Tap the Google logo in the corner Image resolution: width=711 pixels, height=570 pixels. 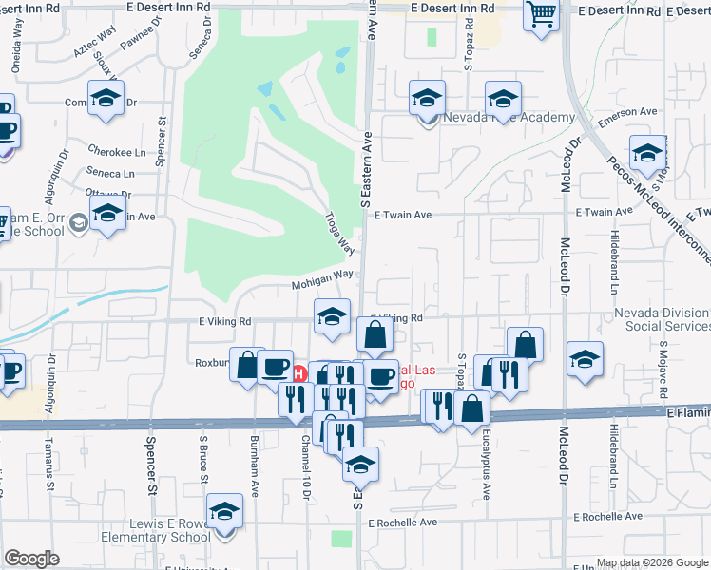pos(32,559)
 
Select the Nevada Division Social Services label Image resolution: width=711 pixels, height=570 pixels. pos(663,319)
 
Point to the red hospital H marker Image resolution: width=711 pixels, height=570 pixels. pos(298,373)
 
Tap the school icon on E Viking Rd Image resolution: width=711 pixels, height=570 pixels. pos(331,317)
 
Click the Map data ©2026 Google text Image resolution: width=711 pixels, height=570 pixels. pos(651,562)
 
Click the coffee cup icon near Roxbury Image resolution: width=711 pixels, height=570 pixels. pos(276,367)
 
